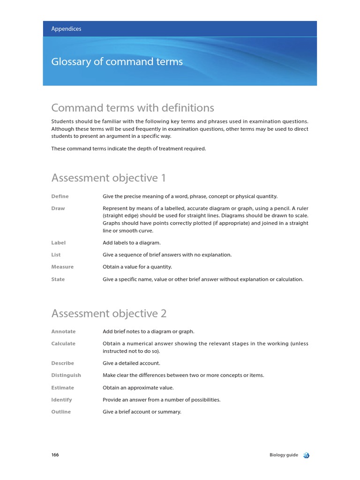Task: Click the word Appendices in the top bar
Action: (66, 29)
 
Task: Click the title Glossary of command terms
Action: (117, 62)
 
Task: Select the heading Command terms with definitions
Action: (133, 108)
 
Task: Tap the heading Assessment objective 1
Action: (108, 178)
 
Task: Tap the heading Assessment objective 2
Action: (109, 313)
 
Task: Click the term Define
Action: (60, 196)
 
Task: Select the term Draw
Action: (58, 208)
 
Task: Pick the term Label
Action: (59, 243)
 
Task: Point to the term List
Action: (56, 255)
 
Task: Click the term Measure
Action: (62, 267)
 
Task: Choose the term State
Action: (58, 279)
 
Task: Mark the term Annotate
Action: (63, 331)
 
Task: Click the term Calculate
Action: (63, 344)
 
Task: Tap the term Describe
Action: (62, 363)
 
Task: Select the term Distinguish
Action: (66, 375)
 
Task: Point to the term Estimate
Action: (63, 388)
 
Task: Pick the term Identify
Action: (61, 400)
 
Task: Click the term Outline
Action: (61, 412)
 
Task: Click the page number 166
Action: (55, 455)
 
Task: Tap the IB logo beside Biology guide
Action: (306, 455)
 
